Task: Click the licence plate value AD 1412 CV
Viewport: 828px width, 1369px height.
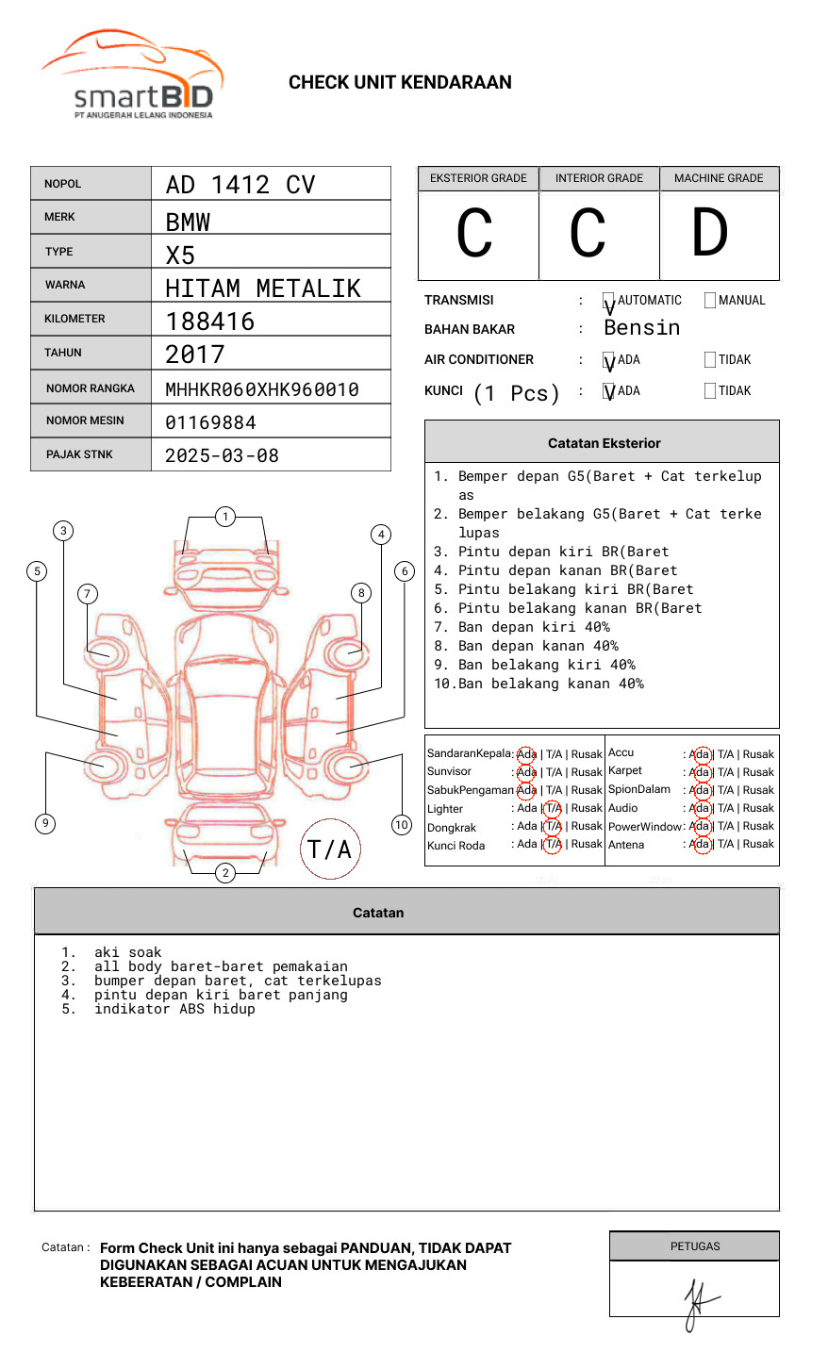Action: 240,185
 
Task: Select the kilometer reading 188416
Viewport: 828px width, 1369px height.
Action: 210,322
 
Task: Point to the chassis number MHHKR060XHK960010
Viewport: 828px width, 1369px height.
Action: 262,389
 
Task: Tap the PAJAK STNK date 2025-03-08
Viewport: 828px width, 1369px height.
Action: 222,455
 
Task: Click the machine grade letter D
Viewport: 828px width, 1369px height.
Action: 710,233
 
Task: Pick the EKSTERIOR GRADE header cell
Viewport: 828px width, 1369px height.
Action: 478,178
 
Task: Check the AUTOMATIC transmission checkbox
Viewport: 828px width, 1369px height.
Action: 609,301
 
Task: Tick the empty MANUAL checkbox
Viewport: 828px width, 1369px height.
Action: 710,301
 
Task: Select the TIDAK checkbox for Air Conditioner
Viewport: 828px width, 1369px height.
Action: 710,360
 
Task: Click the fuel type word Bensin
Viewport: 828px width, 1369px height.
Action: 641,328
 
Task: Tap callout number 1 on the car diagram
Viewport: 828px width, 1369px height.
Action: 224,517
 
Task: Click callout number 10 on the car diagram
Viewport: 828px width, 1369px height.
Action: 402,825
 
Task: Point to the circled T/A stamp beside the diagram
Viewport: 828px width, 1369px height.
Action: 330,849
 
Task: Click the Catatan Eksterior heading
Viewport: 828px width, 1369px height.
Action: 604,443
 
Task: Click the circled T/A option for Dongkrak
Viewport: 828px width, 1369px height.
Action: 553,826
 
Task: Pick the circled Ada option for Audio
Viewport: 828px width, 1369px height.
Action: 700,808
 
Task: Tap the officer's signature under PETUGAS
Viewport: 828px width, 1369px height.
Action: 696,1301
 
